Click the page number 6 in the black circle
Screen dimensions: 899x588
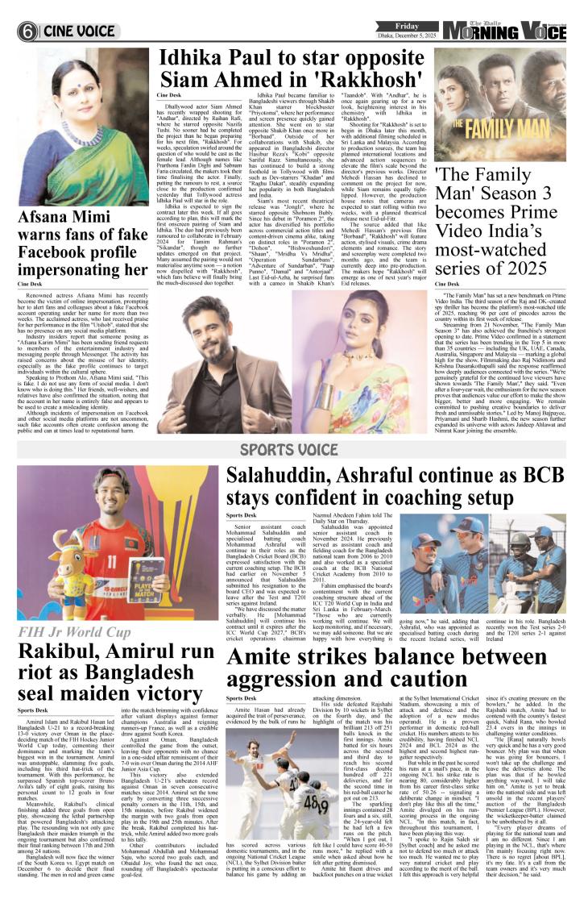pos(27,31)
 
